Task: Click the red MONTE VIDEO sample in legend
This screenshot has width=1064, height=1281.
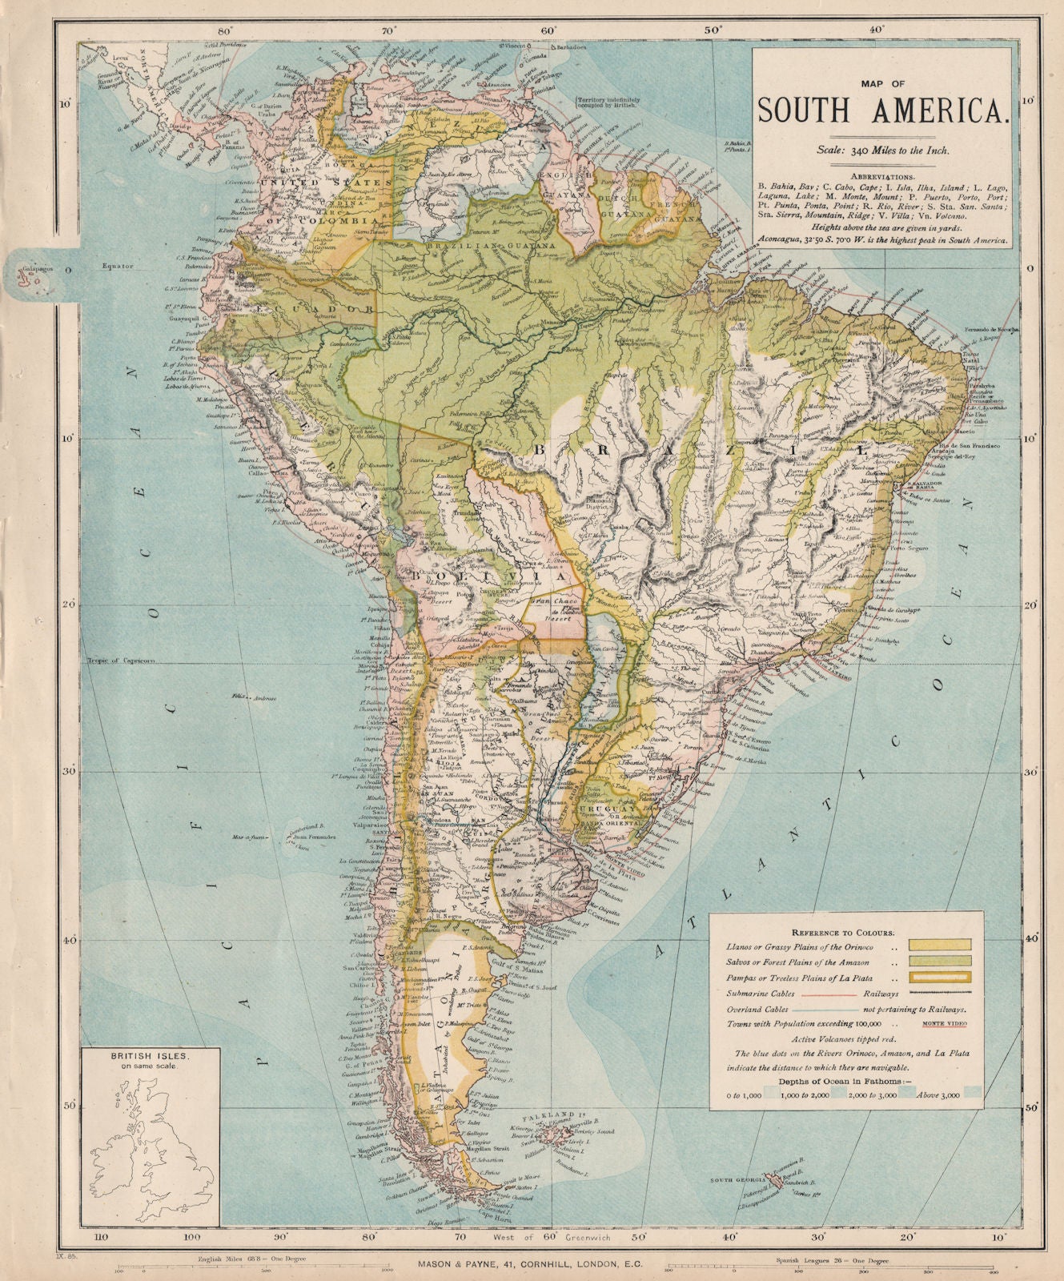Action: click(944, 1024)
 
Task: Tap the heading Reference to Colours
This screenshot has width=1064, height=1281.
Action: click(843, 933)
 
